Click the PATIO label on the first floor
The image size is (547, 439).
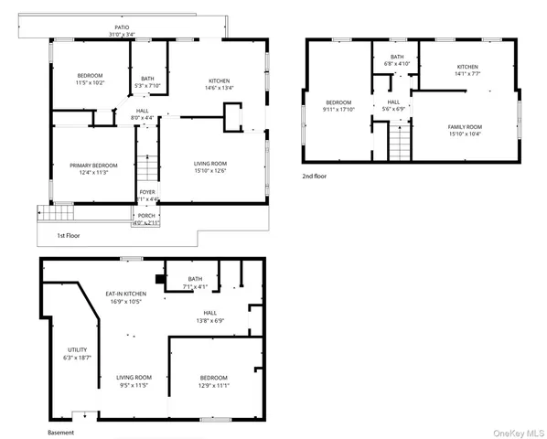pyautogui.click(x=122, y=28)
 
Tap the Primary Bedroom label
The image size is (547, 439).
pyautogui.click(x=90, y=165)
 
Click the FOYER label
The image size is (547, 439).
pyautogui.click(x=146, y=192)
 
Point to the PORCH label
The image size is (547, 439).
pyautogui.click(x=146, y=216)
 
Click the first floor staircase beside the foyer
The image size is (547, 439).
pyautogui.click(x=147, y=168)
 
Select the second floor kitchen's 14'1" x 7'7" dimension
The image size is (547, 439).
pyautogui.click(x=467, y=74)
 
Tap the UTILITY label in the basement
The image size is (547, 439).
pyautogui.click(x=77, y=349)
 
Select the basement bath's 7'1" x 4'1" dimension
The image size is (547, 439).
pyautogui.click(x=195, y=287)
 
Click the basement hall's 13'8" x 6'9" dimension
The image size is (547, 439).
pyautogui.click(x=209, y=321)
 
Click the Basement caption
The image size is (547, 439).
pyautogui.click(x=61, y=433)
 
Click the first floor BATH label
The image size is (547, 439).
pyautogui.click(x=147, y=79)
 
